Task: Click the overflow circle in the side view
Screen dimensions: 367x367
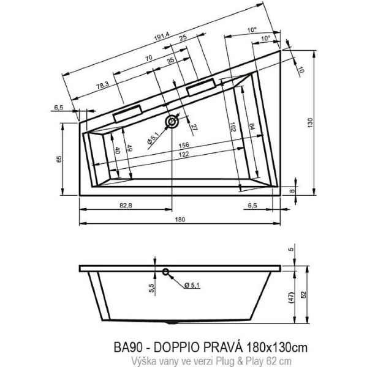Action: [165, 273]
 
